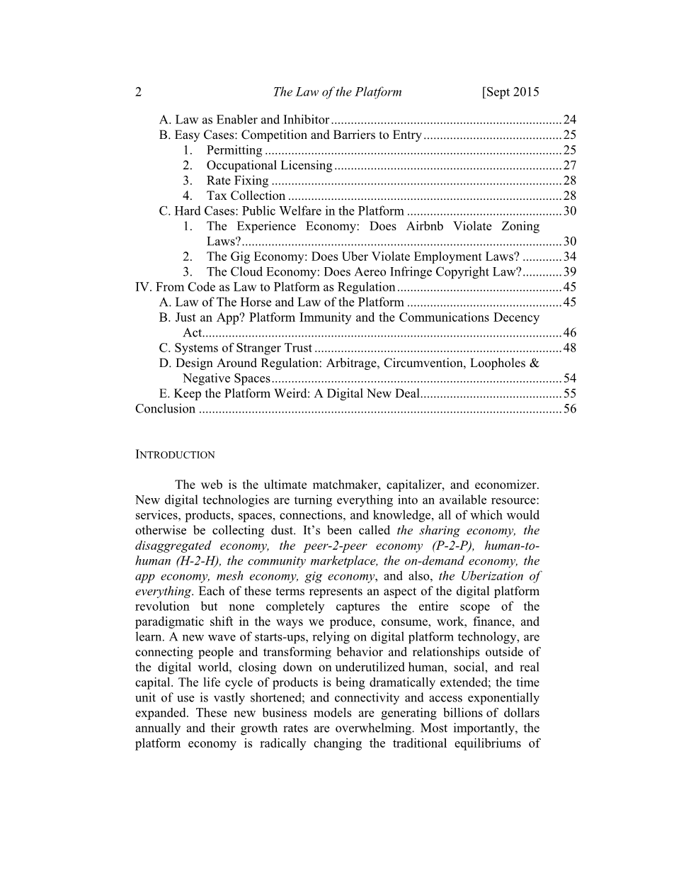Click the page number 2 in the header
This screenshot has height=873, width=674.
click(x=138, y=92)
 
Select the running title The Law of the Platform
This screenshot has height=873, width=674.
click(x=337, y=92)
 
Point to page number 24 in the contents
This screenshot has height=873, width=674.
click(x=570, y=120)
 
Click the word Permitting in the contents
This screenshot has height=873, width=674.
click(x=234, y=150)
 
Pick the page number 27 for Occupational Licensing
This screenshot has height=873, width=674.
click(x=570, y=166)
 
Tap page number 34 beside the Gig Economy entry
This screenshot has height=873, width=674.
click(x=570, y=257)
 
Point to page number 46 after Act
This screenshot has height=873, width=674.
click(x=570, y=333)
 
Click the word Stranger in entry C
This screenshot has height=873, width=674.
click(x=251, y=348)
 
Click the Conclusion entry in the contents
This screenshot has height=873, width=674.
click(x=165, y=409)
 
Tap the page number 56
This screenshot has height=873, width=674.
click(x=570, y=409)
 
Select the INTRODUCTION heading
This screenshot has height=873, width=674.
click(x=175, y=455)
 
